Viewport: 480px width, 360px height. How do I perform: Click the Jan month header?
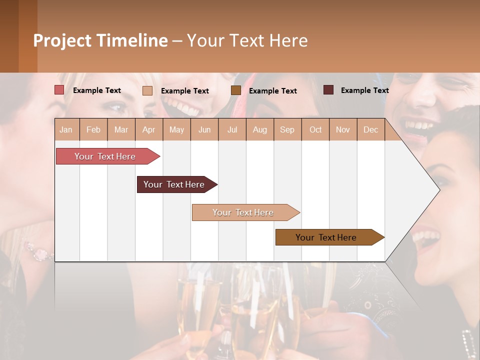(x=66, y=129)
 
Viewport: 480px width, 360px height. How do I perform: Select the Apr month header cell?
(x=149, y=129)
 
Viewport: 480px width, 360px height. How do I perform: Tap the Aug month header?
(x=260, y=129)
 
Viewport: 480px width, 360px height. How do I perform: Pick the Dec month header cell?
(x=370, y=129)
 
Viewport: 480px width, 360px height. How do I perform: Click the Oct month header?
(x=315, y=129)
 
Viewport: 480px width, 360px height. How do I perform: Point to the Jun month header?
(x=204, y=129)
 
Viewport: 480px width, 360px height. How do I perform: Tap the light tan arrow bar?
(x=244, y=212)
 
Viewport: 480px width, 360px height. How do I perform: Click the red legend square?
(x=59, y=90)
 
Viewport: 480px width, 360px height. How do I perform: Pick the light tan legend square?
(x=147, y=90)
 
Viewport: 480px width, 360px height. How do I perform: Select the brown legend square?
(x=236, y=90)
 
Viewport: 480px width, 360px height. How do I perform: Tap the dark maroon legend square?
(x=328, y=90)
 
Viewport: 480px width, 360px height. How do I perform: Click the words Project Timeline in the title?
(x=100, y=40)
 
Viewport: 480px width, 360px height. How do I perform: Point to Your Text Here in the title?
(x=247, y=40)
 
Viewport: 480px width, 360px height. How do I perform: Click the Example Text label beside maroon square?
(x=364, y=90)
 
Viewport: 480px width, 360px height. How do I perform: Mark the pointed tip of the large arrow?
(x=439, y=189)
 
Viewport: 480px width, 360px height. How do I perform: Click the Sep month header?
(x=287, y=129)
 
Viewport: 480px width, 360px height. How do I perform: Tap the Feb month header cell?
(x=93, y=129)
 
